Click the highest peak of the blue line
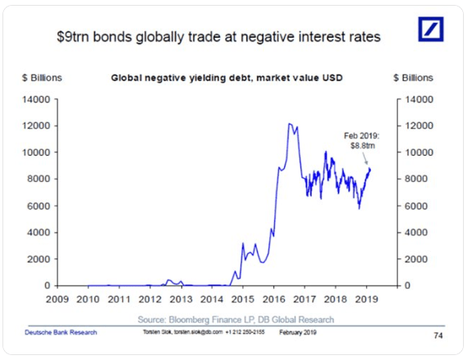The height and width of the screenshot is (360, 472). pyautogui.click(x=289, y=125)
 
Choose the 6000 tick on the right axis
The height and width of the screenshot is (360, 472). pyautogui.click(x=415, y=206)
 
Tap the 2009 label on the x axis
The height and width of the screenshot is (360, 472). pyautogui.click(x=57, y=299)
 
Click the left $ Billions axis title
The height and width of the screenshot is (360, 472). pyautogui.click(x=43, y=78)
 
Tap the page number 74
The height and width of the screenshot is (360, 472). pyautogui.click(x=436, y=334)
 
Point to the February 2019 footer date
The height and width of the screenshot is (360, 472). pyautogui.click(x=298, y=332)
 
